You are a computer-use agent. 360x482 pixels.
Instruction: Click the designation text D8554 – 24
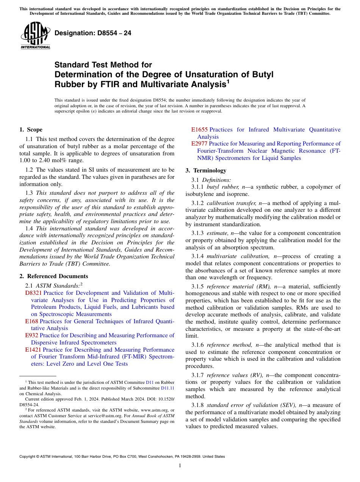[x=93, y=33]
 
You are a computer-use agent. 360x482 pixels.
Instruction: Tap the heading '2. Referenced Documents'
[x=53, y=276]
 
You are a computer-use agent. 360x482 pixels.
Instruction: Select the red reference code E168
[x=31, y=321]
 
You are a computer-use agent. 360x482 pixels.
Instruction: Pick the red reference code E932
[x=31, y=335]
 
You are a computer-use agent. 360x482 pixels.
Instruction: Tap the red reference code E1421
[x=33, y=350]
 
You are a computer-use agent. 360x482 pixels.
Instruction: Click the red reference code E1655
[x=199, y=130]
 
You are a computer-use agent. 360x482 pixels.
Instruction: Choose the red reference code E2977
[x=199, y=144]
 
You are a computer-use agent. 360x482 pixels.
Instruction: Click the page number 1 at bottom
[x=180, y=465]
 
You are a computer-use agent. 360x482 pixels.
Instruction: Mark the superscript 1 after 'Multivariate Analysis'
[x=228, y=81]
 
